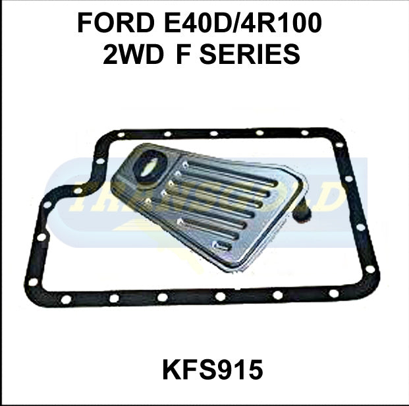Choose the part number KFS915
tap(212, 370)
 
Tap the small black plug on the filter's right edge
tap(304, 212)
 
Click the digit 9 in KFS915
tap(223, 370)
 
